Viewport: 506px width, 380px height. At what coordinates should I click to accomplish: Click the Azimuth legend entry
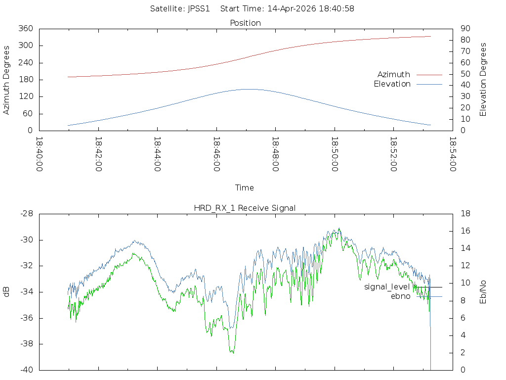click(394, 75)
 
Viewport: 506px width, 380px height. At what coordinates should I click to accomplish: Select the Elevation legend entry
click(392, 84)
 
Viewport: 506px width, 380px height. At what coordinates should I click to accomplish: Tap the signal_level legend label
click(387, 287)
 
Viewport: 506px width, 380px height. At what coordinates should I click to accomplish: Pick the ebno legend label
click(400, 296)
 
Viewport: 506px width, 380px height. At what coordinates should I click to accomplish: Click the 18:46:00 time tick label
click(216, 154)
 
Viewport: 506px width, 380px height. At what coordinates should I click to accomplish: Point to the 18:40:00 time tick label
click(40, 154)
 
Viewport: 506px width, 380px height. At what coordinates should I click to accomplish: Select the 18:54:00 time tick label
click(453, 154)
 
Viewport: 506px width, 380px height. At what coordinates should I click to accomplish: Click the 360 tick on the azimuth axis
click(26, 29)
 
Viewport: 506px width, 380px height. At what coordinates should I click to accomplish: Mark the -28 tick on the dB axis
click(26, 214)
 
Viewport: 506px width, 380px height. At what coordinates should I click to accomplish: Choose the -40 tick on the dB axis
click(26, 370)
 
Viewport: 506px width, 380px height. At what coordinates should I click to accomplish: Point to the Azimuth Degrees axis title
click(7, 80)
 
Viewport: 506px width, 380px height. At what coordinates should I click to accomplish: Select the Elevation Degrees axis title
click(483, 80)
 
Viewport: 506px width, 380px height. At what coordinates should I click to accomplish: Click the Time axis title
click(245, 188)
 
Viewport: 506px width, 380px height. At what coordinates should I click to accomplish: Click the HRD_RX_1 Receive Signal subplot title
click(245, 208)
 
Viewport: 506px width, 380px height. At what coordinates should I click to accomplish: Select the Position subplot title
click(246, 23)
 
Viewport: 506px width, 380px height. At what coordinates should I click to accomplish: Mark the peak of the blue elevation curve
click(249, 89)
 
